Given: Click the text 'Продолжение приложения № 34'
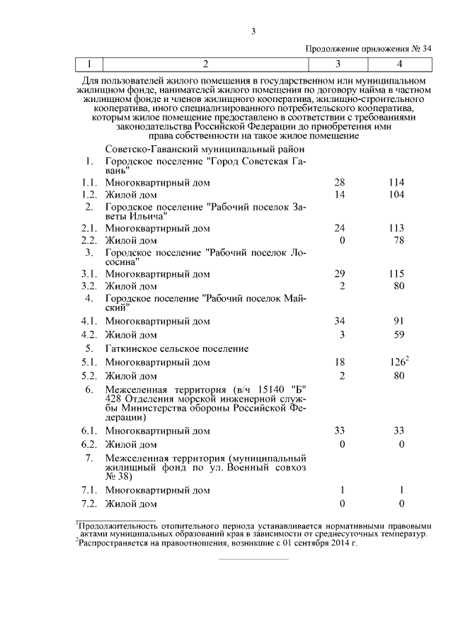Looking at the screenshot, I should tap(368, 48).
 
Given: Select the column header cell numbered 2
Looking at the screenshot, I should tap(205, 64).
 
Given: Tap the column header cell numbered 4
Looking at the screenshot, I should tap(399, 64).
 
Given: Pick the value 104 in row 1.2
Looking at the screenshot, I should tap(396, 195).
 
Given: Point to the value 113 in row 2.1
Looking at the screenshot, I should tap(396, 228).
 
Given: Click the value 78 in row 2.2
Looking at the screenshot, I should tap(400, 241).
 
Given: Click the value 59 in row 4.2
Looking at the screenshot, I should tap(400, 334).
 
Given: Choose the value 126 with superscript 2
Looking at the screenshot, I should tap(397, 362).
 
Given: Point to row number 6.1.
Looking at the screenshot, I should tap(88, 430).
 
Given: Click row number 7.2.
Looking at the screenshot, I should tap(88, 504).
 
